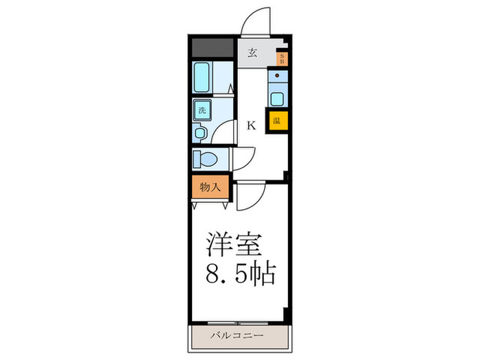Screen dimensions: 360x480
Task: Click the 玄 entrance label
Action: (x=252, y=52)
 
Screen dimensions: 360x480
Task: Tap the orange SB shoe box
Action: (x=282, y=59)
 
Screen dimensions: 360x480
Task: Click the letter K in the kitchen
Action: (x=251, y=125)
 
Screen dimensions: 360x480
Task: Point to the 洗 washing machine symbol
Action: (x=202, y=110)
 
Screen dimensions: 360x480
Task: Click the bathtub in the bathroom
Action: (x=203, y=78)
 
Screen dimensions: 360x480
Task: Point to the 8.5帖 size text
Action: (x=240, y=274)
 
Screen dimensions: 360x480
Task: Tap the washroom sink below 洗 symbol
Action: (x=200, y=132)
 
